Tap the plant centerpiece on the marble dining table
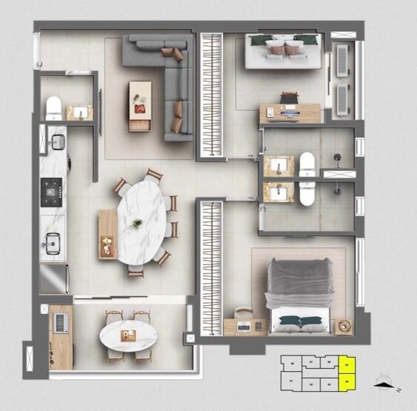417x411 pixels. [x=138, y=222]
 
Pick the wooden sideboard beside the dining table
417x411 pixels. [x=107, y=234]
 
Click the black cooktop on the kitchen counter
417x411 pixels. [x=52, y=192]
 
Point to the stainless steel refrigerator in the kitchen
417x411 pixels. [x=53, y=279]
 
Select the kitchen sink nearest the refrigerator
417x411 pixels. [x=52, y=243]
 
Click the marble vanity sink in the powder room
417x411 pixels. [x=80, y=113]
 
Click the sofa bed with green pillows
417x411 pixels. [x=284, y=52]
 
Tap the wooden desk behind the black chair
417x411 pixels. [x=289, y=113]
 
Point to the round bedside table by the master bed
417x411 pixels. [x=342, y=325]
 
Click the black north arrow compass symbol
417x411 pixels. [x=383, y=383]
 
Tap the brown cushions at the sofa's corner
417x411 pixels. [x=176, y=53]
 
